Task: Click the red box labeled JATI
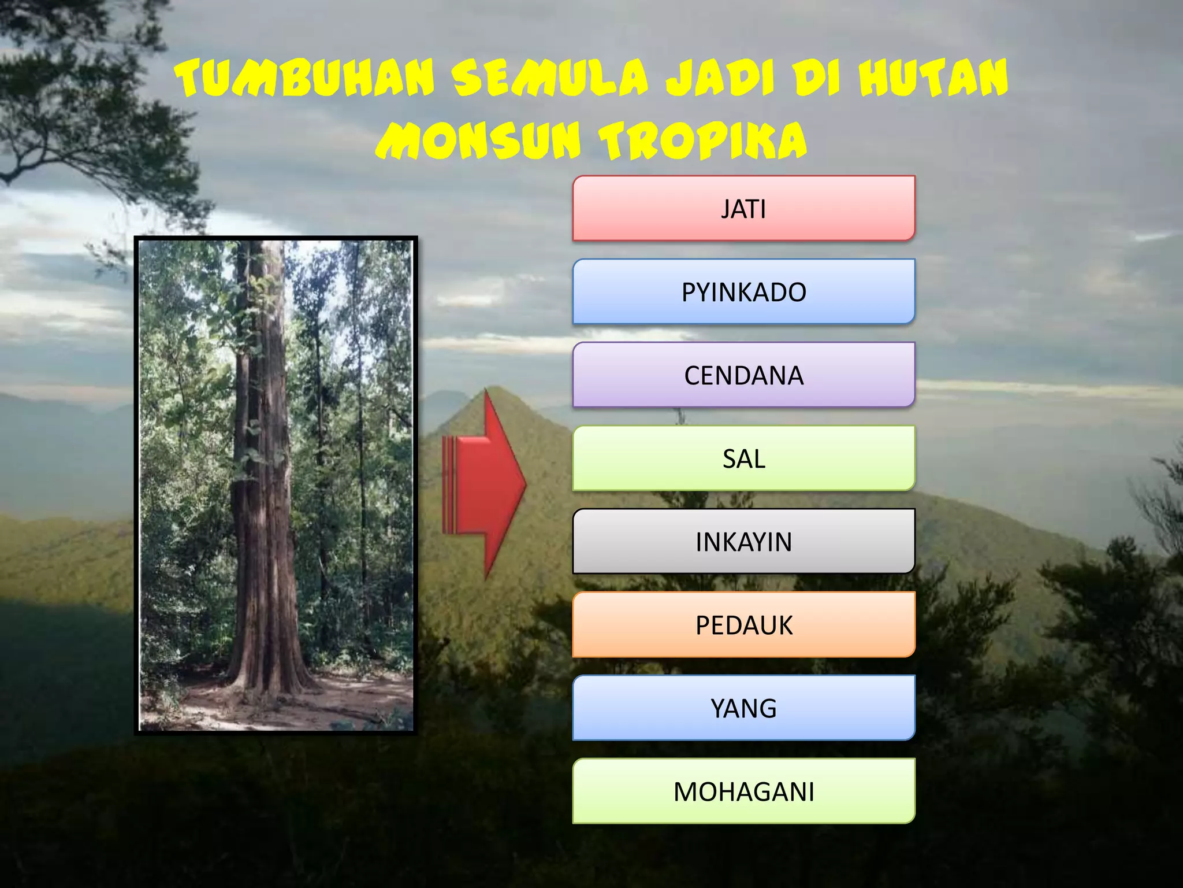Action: click(x=743, y=209)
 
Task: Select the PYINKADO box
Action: click(x=743, y=292)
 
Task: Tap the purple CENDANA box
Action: click(x=743, y=375)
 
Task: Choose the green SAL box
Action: click(x=743, y=458)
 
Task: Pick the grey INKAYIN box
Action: click(x=743, y=542)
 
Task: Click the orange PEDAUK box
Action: click(x=743, y=625)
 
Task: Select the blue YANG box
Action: click(x=743, y=708)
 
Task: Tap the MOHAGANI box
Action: click(x=743, y=791)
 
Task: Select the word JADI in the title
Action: click(x=720, y=78)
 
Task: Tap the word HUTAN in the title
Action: click(x=933, y=78)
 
